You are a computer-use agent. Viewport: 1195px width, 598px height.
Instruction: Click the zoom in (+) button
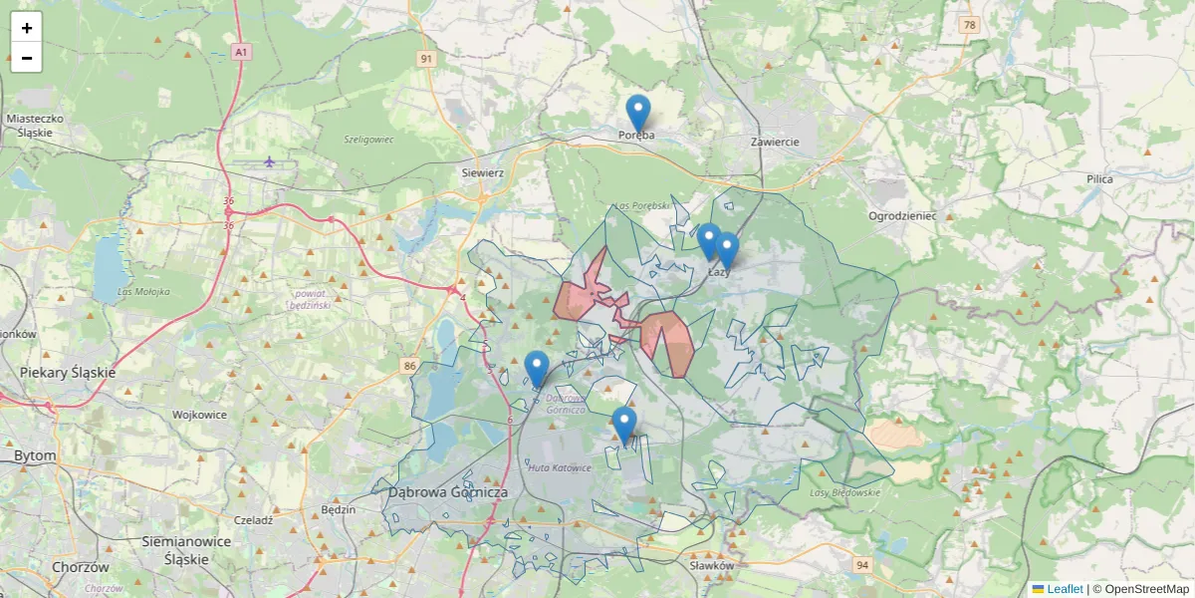click(x=27, y=28)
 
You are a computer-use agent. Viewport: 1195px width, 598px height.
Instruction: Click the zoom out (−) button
click(x=27, y=58)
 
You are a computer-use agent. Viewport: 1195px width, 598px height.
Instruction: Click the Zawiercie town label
click(x=775, y=142)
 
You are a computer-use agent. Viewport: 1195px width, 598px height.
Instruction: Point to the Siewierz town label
click(x=483, y=172)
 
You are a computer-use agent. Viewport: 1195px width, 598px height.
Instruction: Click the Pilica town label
click(x=1099, y=178)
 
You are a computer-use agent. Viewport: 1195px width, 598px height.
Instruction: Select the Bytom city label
click(x=35, y=455)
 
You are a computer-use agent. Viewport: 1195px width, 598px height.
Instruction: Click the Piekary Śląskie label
click(x=68, y=372)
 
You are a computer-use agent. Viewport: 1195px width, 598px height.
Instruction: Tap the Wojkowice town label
click(x=201, y=414)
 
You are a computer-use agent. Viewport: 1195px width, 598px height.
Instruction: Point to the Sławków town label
click(x=711, y=565)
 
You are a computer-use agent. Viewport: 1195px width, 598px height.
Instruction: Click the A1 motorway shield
click(x=240, y=50)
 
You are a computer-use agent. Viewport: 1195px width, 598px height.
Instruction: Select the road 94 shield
click(x=861, y=565)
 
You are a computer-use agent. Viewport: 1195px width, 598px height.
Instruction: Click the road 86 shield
click(x=410, y=366)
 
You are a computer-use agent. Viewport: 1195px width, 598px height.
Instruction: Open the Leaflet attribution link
click(x=1064, y=589)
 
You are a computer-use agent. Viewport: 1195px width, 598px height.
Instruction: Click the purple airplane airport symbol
click(x=269, y=160)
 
